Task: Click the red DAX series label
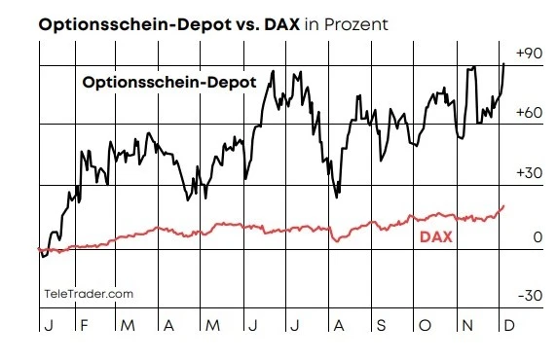[x=435, y=236]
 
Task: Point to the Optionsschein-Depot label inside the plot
[x=168, y=84]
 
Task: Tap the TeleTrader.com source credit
[x=89, y=293]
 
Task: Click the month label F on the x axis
[x=84, y=325]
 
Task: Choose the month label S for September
[x=381, y=325]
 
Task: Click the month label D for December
[x=506, y=325]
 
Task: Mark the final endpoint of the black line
[x=503, y=63]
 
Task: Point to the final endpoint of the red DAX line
[x=503, y=205]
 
